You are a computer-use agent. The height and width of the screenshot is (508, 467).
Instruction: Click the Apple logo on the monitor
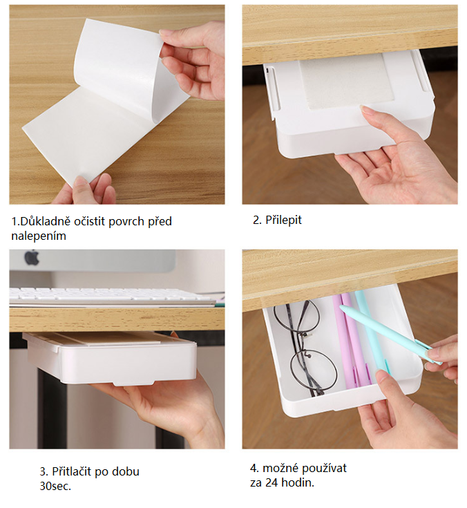coord(32,258)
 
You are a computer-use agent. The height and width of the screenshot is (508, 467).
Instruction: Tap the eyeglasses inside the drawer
coord(301,347)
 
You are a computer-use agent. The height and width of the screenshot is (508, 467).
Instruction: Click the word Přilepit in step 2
coord(283,220)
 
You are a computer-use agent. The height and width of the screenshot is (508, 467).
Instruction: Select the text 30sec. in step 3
coord(55,486)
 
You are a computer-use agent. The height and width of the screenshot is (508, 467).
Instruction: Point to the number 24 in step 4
coord(271,482)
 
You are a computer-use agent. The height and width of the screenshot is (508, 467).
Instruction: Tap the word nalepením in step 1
coord(39,236)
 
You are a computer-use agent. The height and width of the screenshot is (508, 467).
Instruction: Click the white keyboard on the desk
coord(112,296)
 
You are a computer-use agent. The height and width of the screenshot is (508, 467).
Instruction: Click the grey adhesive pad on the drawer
coord(346,81)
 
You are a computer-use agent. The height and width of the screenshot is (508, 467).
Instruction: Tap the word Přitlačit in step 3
coord(72,471)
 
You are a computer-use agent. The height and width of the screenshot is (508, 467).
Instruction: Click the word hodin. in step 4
coord(298,482)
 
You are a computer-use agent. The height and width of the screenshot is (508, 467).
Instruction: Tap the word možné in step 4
coord(280,469)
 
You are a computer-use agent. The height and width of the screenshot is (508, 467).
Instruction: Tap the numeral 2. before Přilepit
coord(258,220)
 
